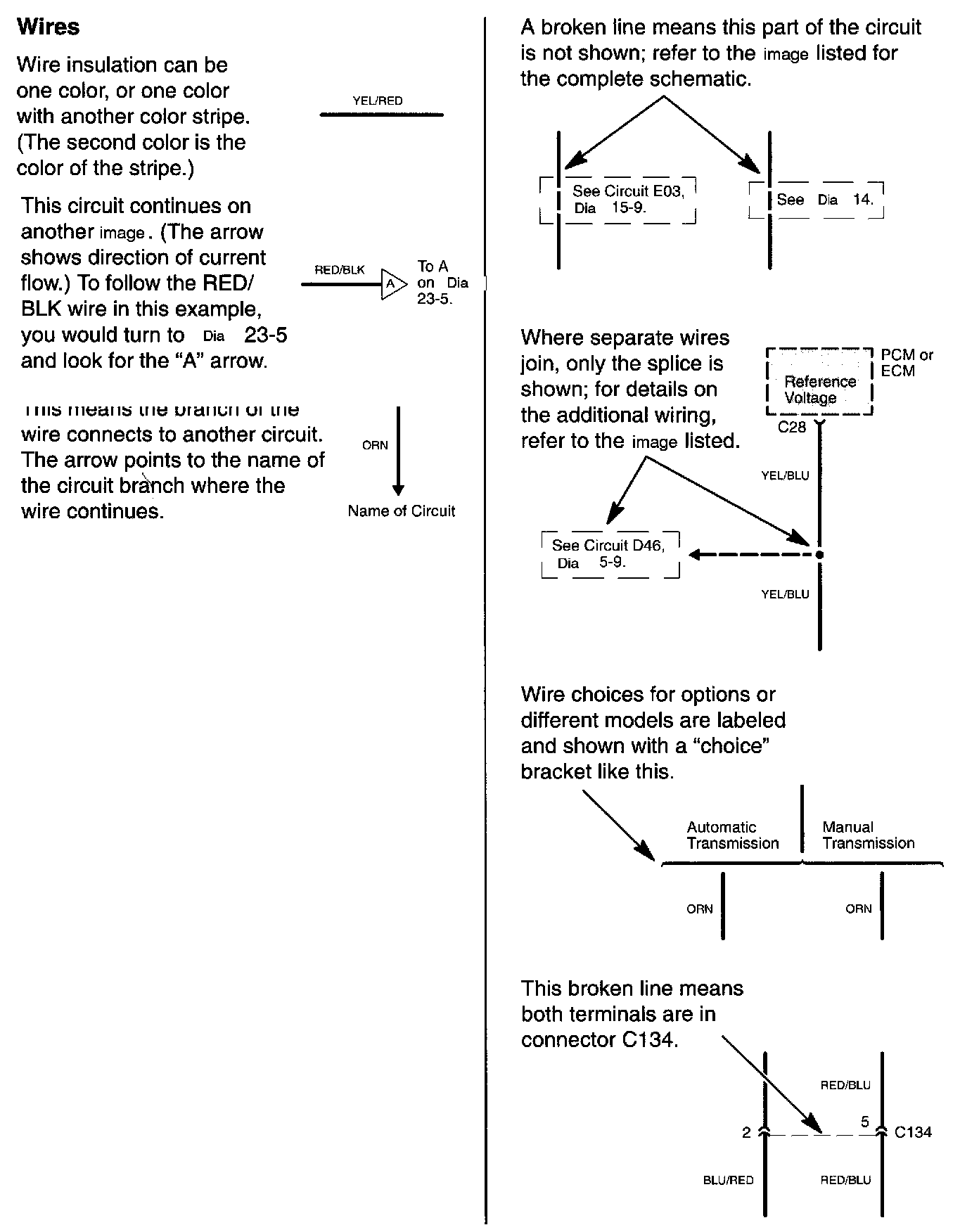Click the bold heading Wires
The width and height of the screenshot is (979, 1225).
48,27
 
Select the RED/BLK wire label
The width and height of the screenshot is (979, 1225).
340,270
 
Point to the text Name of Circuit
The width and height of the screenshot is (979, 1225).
401,511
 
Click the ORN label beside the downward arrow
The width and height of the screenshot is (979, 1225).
375,445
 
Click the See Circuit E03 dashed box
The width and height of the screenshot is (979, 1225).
618,200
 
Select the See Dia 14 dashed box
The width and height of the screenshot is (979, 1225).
816,200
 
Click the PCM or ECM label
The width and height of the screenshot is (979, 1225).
907,363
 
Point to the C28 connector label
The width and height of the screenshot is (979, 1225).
791,427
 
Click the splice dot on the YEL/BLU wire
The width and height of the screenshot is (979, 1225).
819,555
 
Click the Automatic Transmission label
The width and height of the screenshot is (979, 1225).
732,835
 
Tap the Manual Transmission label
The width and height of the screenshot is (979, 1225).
868,835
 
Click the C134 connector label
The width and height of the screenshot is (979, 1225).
913,1132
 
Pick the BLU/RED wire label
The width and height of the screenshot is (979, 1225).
728,1180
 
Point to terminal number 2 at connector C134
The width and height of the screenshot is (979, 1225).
746,1132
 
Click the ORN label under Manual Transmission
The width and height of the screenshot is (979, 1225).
858,909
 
